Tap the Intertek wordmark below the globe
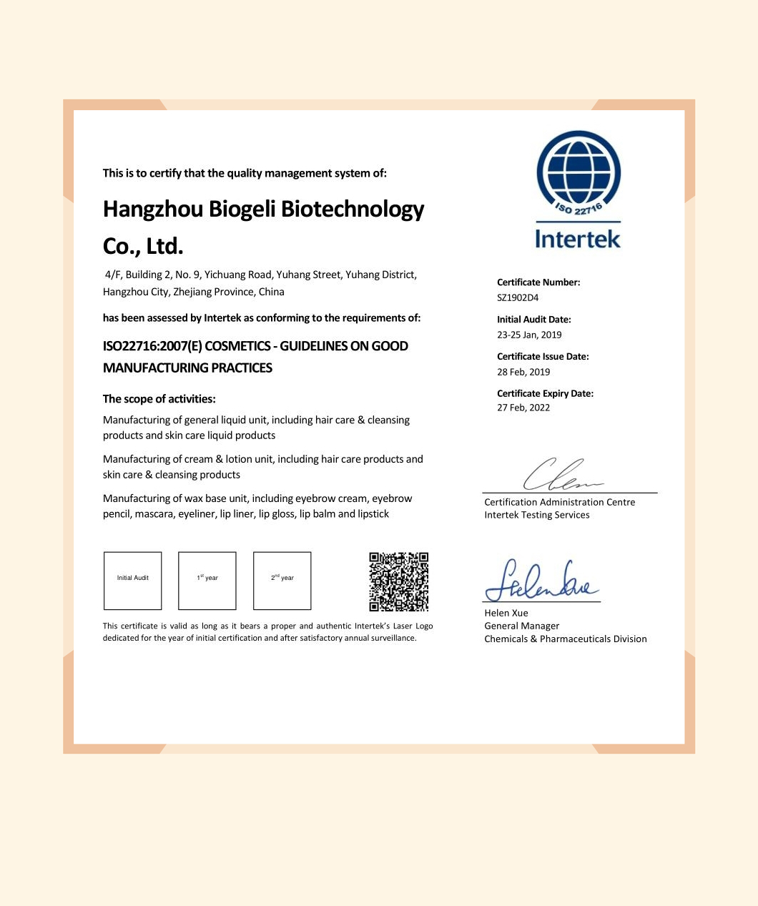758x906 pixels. (x=578, y=238)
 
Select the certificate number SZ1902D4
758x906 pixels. (x=518, y=297)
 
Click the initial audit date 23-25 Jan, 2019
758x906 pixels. (x=529, y=335)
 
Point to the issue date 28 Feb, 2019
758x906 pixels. (x=523, y=372)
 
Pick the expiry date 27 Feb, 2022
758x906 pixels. (x=523, y=408)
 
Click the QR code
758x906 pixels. (x=398, y=581)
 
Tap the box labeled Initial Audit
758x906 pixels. (x=133, y=581)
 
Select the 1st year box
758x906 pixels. (x=207, y=581)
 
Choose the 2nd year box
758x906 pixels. (x=282, y=581)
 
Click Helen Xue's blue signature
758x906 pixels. (x=541, y=581)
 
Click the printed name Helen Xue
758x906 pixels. (x=506, y=613)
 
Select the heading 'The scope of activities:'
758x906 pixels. (x=159, y=399)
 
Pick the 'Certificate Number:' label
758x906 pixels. (x=538, y=282)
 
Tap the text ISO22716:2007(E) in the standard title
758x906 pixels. (x=152, y=346)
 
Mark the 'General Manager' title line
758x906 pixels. (x=522, y=626)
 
